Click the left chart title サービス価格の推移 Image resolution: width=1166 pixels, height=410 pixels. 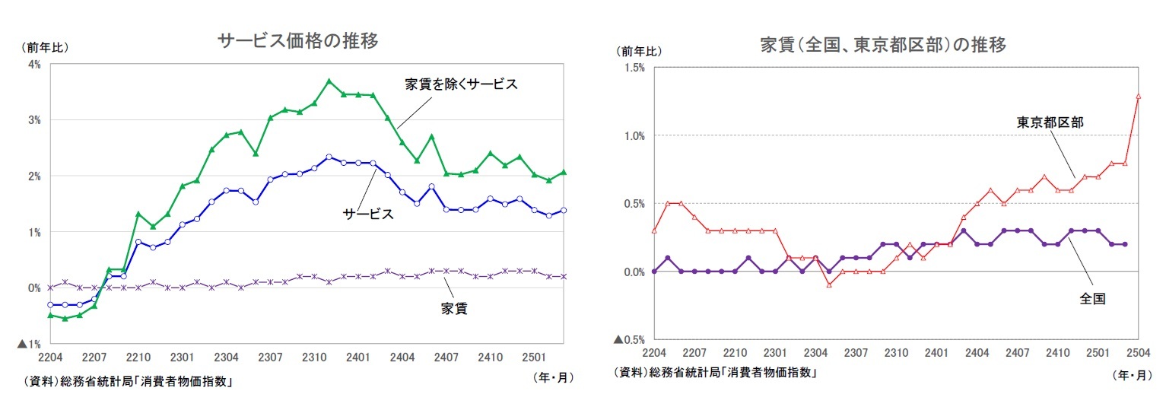click(x=297, y=40)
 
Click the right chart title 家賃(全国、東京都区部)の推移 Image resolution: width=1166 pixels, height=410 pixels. click(x=883, y=45)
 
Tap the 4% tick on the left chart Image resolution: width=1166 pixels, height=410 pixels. click(x=34, y=64)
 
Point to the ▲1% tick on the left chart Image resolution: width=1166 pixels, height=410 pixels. click(x=30, y=344)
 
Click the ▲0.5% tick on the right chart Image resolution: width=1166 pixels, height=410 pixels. click(x=629, y=339)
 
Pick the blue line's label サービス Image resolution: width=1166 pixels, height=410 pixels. click(x=368, y=215)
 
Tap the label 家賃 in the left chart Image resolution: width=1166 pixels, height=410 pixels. click(x=454, y=310)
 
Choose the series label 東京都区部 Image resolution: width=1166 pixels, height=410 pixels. click(x=1050, y=122)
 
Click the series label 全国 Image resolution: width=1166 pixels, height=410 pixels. click(x=1091, y=300)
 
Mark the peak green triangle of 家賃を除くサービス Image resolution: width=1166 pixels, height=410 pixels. click(x=329, y=81)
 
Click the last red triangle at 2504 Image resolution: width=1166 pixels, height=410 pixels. click(x=1139, y=96)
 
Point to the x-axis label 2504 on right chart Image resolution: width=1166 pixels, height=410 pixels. click(x=1138, y=354)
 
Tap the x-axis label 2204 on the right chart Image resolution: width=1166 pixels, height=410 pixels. click(x=653, y=354)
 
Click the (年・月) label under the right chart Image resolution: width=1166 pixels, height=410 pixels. click(x=1133, y=375)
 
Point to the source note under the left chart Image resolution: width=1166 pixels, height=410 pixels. click(x=127, y=382)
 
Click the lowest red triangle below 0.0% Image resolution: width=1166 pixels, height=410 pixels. click(x=830, y=284)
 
